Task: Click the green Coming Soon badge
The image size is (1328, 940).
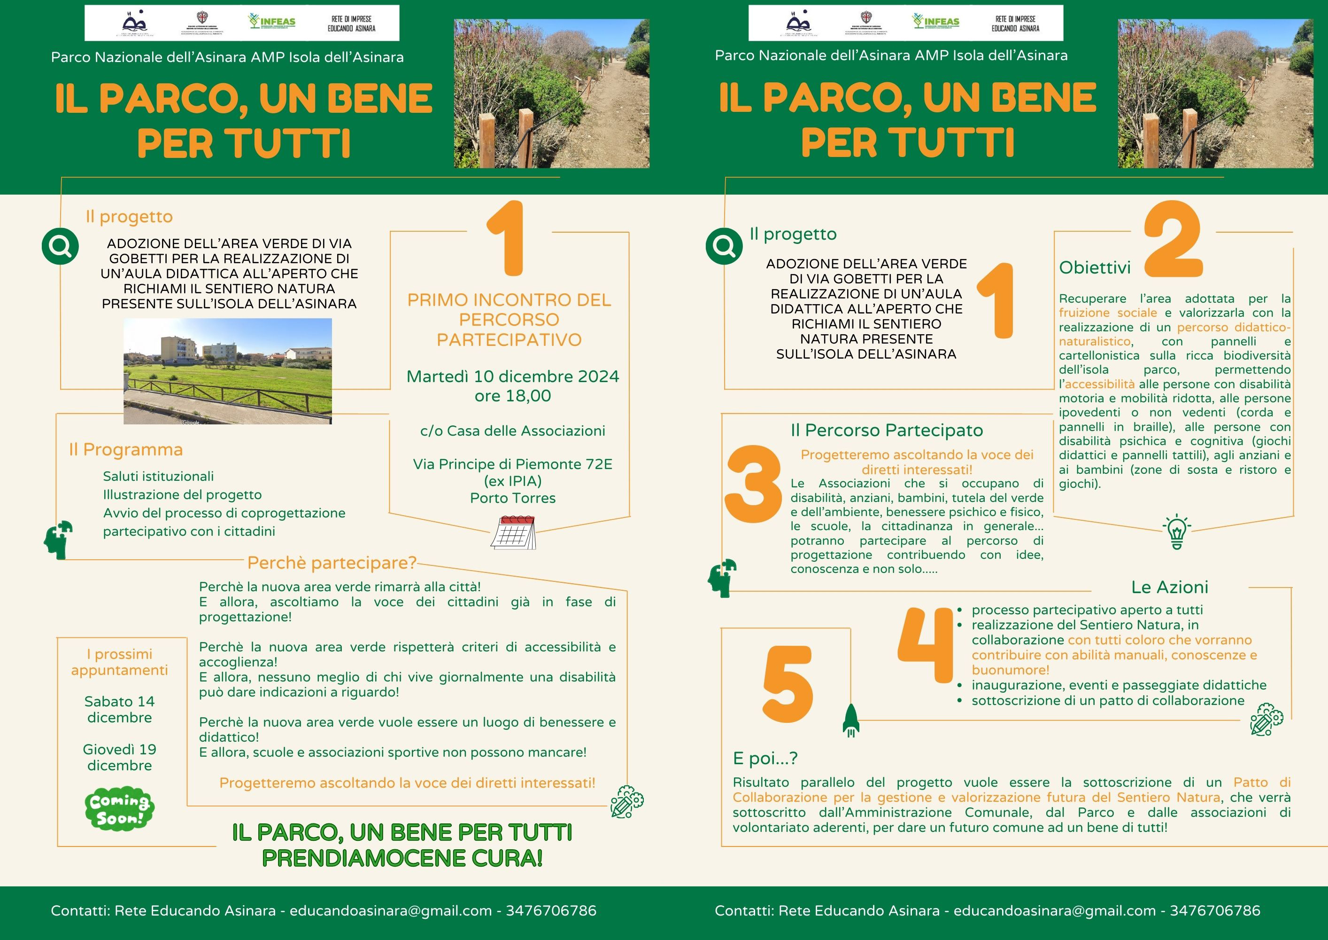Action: coord(119,808)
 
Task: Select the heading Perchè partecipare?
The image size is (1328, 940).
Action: coord(332,563)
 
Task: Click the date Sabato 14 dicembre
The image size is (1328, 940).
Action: coord(120,709)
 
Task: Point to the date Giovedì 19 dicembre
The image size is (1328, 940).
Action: coord(120,757)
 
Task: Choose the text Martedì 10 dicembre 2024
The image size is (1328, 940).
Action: coord(512,376)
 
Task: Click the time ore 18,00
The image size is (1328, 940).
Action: coord(512,396)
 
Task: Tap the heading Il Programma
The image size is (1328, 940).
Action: coord(125,450)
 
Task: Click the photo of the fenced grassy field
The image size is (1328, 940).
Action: coord(227,371)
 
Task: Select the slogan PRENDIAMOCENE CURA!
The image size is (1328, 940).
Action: coord(402,858)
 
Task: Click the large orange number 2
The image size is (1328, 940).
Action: coord(1173,240)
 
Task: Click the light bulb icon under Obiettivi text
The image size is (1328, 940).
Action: coord(1176,532)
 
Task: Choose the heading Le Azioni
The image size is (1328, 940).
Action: coord(1170,587)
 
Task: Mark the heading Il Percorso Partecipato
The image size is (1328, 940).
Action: coord(887,431)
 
